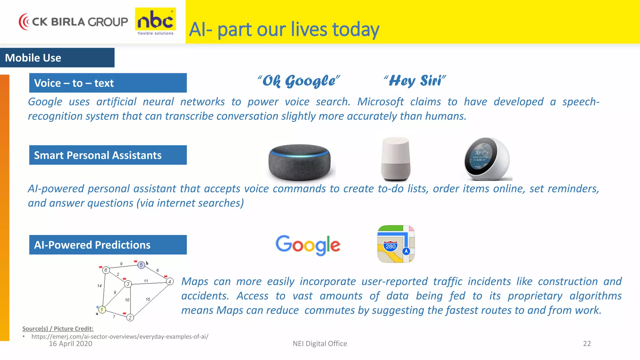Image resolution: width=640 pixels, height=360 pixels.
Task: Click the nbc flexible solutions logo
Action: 155,22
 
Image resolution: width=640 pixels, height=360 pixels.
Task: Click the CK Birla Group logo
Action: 73,22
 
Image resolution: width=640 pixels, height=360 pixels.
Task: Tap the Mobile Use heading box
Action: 57,58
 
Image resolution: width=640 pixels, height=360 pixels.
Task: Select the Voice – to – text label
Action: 108,83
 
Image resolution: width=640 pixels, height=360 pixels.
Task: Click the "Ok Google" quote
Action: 298,81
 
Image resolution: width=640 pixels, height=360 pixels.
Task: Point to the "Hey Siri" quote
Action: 415,81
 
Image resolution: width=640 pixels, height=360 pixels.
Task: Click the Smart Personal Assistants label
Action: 108,155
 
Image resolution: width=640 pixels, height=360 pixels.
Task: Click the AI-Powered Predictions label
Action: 108,245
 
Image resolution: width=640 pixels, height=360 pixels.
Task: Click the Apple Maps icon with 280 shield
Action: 396,244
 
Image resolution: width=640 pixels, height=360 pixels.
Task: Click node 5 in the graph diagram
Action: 141,265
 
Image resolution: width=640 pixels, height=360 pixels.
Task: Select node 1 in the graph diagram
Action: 102,310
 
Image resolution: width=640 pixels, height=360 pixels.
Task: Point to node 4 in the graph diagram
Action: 170,282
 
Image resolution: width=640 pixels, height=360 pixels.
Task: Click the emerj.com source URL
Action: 120,337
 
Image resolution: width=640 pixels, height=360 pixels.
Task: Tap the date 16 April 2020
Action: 71,344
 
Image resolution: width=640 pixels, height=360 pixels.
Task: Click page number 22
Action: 587,344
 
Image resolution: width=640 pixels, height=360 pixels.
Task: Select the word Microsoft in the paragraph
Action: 380,102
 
